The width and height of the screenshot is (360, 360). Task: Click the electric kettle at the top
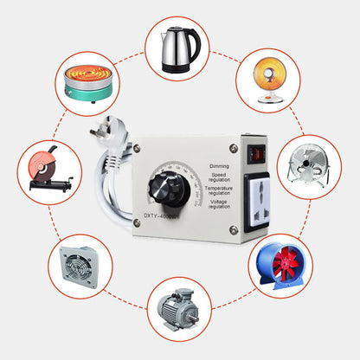click(x=180, y=49)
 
